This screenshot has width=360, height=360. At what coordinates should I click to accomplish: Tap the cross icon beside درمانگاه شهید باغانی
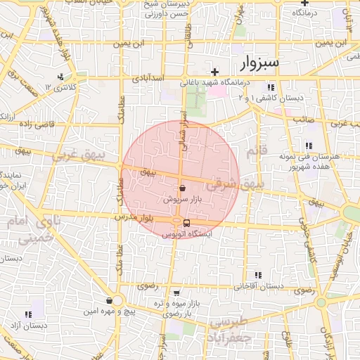(x=215, y=72)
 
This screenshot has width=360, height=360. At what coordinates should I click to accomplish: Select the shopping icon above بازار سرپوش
(x=183, y=188)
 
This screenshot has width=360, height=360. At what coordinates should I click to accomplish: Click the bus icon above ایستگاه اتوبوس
(x=176, y=224)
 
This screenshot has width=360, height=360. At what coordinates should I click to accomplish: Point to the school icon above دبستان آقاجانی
(x=258, y=275)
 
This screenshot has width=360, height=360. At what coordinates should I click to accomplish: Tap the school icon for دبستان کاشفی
(x=270, y=87)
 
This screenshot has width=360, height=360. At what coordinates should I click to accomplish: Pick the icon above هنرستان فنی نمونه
(x=308, y=146)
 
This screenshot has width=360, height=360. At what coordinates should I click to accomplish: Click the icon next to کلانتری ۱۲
(x=61, y=77)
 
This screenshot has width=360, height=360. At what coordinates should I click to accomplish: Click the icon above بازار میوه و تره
(x=176, y=292)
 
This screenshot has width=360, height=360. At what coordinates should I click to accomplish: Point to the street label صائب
(x=303, y=120)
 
